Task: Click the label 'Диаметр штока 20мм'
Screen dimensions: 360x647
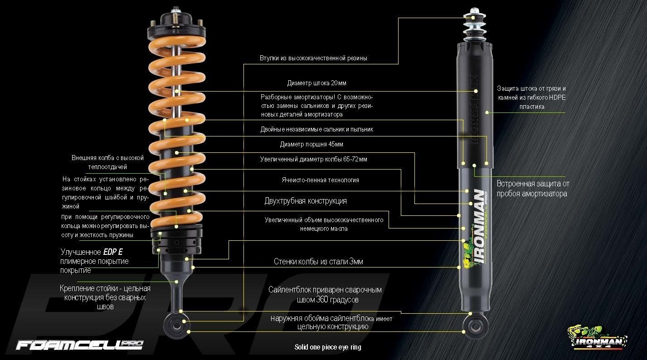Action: pyautogui.click(x=316, y=83)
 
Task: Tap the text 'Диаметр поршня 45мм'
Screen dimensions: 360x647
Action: pyautogui.click(x=311, y=145)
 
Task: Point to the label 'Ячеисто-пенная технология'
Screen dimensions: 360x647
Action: pyautogui.click(x=320, y=180)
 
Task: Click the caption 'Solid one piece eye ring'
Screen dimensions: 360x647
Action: pyautogui.click(x=328, y=348)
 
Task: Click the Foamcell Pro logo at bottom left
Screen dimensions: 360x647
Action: pyautogui.click(x=79, y=345)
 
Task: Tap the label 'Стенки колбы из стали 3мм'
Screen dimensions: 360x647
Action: pyautogui.click(x=318, y=262)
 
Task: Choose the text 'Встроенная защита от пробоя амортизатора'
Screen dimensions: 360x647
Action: pyautogui.click(x=532, y=189)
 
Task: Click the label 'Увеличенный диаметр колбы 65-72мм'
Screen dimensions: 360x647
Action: pyautogui.click(x=313, y=159)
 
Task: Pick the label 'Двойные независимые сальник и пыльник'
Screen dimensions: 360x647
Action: pyautogui.click(x=316, y=129)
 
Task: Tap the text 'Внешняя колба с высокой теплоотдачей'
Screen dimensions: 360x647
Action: pyautogui.click(x=107, y=162)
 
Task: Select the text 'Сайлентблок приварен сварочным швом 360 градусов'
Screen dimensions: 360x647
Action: pyautogui.click(x=325, y=295)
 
